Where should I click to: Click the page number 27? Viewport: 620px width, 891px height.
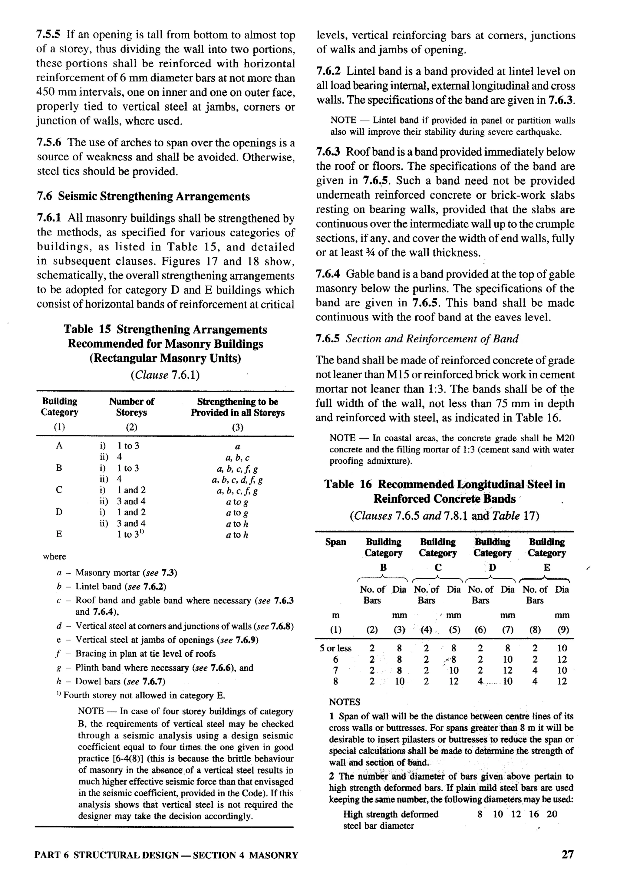[567, 854]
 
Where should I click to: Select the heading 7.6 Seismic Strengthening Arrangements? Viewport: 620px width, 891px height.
[143, 196]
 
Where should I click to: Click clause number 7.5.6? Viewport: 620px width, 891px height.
[49, 143]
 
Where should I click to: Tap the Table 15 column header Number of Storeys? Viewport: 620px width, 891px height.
[132, 407]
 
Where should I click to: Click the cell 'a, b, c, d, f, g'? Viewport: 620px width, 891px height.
[237, 480]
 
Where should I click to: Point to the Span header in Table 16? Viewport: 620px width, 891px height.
[335, 542]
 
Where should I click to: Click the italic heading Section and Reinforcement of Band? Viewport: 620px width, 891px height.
[432, 339]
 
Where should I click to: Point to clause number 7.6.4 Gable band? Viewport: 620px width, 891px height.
[328, 274]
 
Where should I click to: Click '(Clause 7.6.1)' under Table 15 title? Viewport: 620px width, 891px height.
[165, 375]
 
